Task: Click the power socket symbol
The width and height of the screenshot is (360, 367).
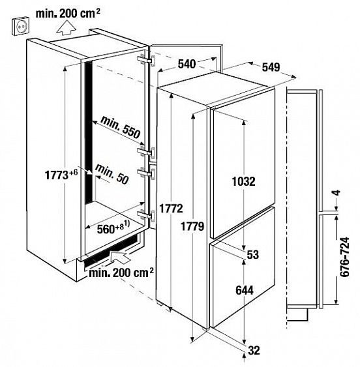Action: pyautogui.click(x=20, y=27)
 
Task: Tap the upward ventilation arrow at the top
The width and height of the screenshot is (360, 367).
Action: pyautogui.click(x=67, y=28)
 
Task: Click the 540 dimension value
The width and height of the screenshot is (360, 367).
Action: pyautogui.click(x=187, y=64)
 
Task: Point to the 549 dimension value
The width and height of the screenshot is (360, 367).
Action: pyautogui.click(x=271, y=67)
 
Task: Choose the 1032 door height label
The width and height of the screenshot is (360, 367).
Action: pyautogui.click(x=244, y=181)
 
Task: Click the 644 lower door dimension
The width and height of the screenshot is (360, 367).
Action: pyautogui.click(x=245, y=291)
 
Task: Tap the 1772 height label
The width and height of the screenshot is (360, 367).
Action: pyautogui.click(x=171, y=209)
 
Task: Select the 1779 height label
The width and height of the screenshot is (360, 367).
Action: pyautogui.click(x=192, y=226)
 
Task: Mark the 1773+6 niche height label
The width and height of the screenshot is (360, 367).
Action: pyautogui.click(x=61, y=175)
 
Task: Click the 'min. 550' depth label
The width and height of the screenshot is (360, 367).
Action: pyautogui.click(x=121, y=127)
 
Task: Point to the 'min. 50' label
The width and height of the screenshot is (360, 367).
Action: pyautogui.click(x=112, y=174)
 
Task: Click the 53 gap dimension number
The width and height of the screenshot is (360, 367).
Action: pyautogui.click(x=253, y=255)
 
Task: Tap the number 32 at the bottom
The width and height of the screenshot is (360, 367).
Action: pyautogui.click(x=254, y=351)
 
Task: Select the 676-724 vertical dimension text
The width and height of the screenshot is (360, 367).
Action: pyautogui.click(x=345, y=257)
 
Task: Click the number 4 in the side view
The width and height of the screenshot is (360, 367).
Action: pyautogui.click(x=337, y=193)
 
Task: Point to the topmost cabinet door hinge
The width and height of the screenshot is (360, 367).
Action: pyautogui.click(x=146, y=61)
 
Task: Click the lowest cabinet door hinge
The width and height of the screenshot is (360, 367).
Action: pyautogui.click(x=146, y=215)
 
